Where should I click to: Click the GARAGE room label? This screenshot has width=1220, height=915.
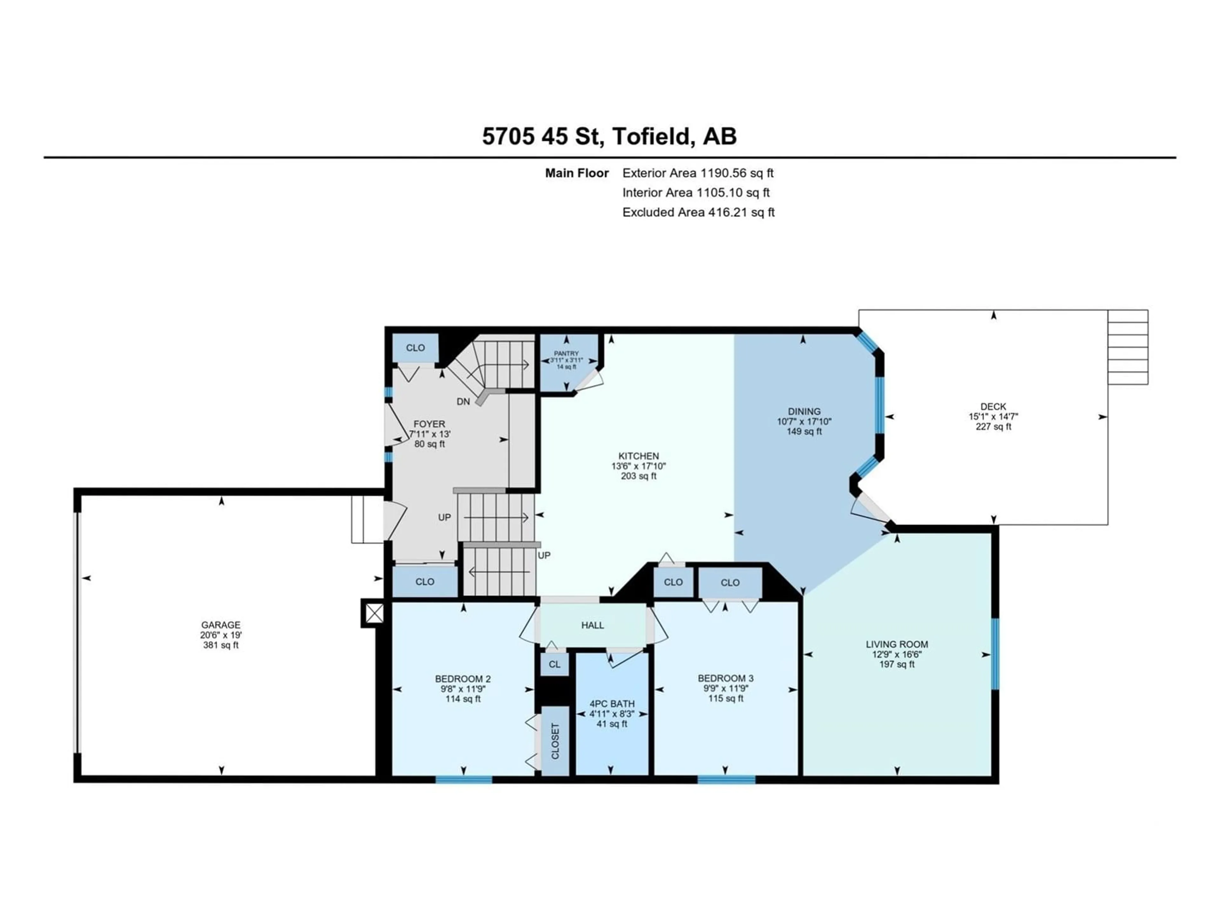click(220, 625)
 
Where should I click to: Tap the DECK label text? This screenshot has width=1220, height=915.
click(993, 406)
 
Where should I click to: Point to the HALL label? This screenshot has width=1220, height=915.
click(592, 625)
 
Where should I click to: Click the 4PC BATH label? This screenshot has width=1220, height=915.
click(612, 704)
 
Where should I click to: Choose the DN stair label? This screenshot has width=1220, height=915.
click(463, 402)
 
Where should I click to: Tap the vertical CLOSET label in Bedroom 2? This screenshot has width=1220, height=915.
click(555, 741)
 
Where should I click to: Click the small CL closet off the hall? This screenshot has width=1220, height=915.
click(554, 664)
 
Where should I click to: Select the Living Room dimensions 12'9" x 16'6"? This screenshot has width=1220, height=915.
click(897, 654)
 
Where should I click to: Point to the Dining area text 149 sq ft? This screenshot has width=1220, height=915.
click(804, 431)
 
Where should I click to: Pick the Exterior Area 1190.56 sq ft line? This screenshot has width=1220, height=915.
click(698, 173)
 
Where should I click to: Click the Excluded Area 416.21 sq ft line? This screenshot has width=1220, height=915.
click(698, 212)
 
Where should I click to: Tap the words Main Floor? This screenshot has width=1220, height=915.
click(577, 173)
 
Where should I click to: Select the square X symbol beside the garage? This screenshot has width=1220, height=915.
click(374, 613)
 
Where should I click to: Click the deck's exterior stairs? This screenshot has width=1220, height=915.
click(1128, 347)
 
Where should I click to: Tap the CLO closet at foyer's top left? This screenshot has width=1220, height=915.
click(415, 348)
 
